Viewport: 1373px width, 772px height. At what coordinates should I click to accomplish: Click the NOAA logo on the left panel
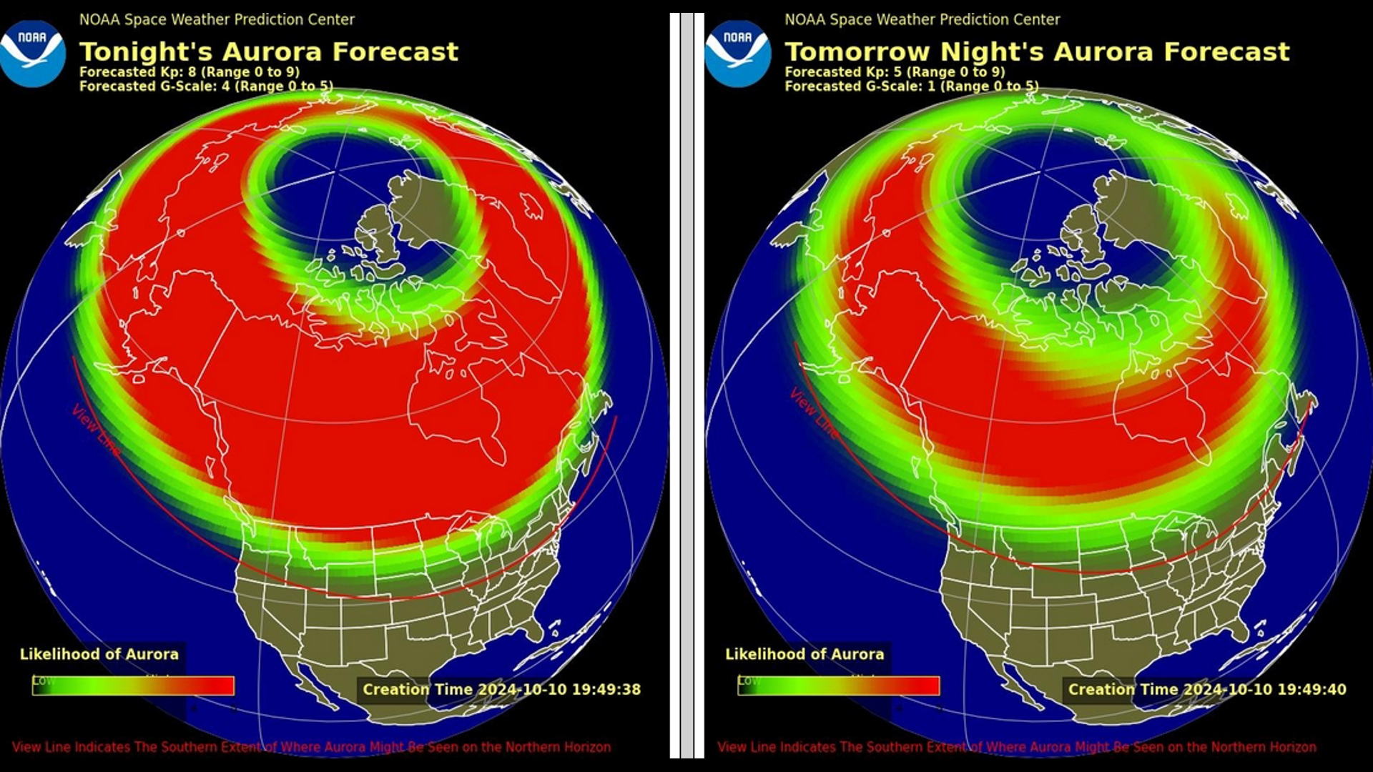32,54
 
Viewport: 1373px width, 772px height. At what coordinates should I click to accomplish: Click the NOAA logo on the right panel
737,54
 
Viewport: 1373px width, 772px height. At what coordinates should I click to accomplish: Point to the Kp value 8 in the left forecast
192,71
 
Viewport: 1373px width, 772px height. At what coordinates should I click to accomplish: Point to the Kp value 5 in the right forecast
897,71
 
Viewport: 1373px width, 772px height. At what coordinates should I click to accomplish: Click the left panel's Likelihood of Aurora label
99,654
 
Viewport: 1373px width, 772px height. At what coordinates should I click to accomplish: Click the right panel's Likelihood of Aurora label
804,654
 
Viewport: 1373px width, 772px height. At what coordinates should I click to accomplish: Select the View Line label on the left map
96,429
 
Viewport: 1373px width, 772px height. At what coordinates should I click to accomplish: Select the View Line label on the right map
814,413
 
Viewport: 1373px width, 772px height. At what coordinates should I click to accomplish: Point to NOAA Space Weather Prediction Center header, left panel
217,20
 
